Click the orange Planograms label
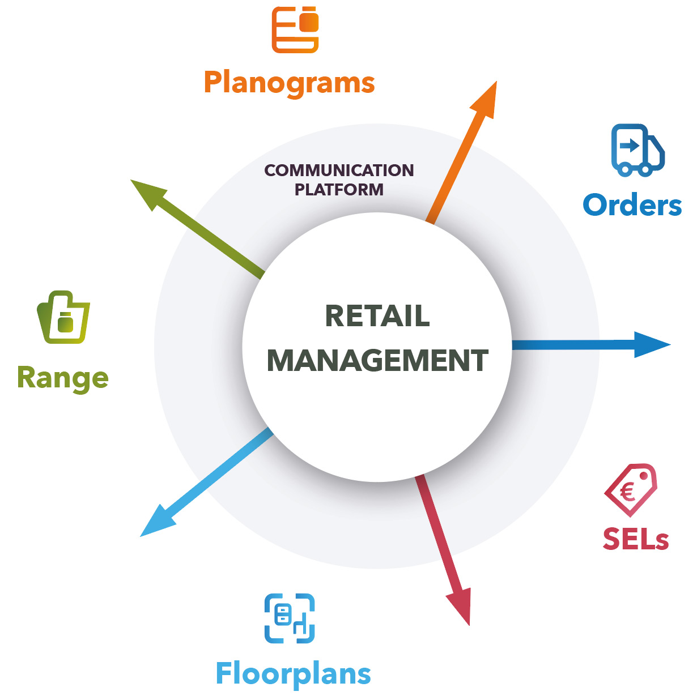(289, 83)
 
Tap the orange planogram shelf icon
(295, 29)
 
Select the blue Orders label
(632, 205)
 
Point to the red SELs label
(635, 539)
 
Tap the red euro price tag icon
(631, 490)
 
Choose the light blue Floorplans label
(293, 674)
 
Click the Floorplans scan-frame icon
(290, 618)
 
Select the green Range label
(63, 378)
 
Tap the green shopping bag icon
(64, 318)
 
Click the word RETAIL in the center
(377, 315)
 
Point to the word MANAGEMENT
(377, 360)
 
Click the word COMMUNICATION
(339, 170)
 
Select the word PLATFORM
(339, 189)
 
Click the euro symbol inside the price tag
(627, 492)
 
